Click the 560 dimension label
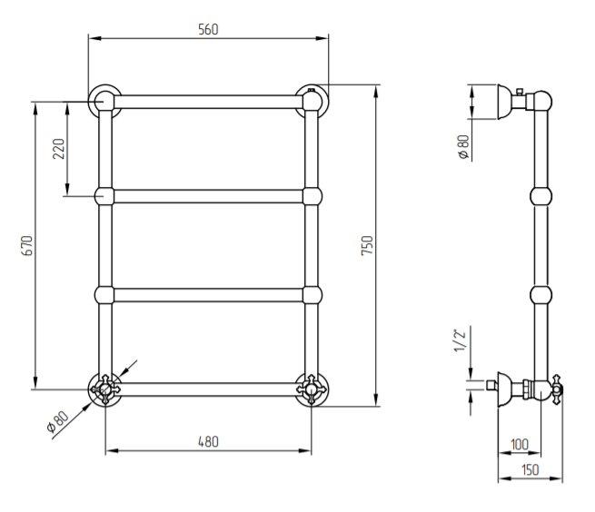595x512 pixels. click(208, 29)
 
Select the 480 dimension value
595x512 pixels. click(208, 441)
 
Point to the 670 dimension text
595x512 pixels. click(26, 245)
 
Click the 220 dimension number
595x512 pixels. click(59, 148)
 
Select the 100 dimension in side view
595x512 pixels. click(519, 443)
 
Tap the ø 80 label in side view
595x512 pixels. click(461, 147)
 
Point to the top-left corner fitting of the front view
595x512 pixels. click(103, 100)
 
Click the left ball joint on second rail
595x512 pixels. click(104, 195)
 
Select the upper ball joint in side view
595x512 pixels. click(540, 195)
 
